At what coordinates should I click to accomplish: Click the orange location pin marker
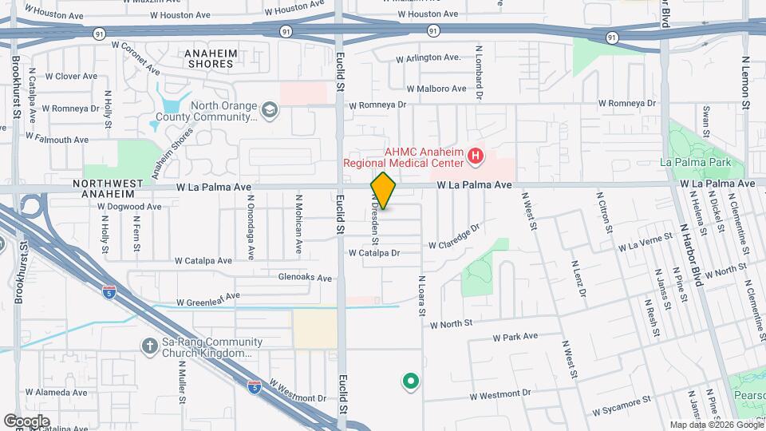[383, 191]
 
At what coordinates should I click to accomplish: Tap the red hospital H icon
[476, 156]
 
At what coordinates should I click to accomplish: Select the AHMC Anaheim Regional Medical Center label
[403, 156]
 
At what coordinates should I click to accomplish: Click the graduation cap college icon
[270, 109]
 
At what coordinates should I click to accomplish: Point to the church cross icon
[148, 346]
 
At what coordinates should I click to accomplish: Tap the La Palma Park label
[697, 162]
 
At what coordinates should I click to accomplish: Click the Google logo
[26, 421]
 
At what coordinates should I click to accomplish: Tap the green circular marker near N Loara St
[411, 382]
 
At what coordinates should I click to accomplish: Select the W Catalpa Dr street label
[373, 253]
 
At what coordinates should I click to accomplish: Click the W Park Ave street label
[515, 337]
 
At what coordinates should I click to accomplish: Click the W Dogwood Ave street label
[131, 206]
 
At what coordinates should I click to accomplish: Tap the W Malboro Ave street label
[435, 89]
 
